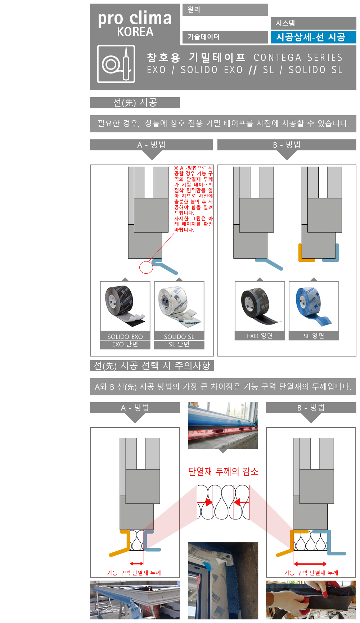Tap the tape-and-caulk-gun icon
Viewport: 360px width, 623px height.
click(116, 64)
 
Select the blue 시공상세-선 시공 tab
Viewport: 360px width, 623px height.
click(313, 37)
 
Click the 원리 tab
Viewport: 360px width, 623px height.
click(225, 10)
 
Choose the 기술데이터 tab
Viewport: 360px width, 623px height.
click(225, 37)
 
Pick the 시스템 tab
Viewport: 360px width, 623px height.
click(313, 23)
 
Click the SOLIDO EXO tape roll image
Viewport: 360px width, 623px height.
click(125, 305)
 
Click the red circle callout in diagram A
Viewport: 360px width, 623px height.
click(146, 268)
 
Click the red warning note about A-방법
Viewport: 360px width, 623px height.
click(193, 198)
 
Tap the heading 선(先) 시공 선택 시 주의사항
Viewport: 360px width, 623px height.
click(152, 366)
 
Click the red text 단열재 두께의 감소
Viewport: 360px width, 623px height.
click(223, 471)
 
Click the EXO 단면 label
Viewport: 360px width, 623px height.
click(125, 344)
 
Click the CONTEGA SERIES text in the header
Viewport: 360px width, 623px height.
click(298, 58)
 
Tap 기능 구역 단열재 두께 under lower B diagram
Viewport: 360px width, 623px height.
click(311, 573)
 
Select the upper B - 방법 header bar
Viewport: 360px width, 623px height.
click(287, 145)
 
